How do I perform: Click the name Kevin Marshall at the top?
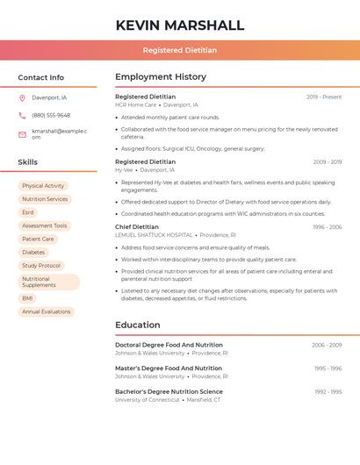pos(180,25)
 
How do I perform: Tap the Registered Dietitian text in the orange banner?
pos(180,50)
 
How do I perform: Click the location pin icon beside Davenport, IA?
pos(22,97)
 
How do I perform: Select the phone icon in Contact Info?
pos(22,115)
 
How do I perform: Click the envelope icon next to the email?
pos(22,134)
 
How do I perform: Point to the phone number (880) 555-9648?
pos(51,115)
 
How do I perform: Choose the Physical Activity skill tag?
pos(43,186)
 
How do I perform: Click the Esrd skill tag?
pos(28,212)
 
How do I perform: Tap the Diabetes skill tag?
pos(33,252)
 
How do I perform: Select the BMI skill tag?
pos(28,298)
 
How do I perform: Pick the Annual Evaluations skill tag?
pos(47,311)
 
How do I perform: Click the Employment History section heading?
pos(161,77)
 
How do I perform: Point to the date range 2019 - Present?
pos(324,97)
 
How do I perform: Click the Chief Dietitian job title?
pos(137,226)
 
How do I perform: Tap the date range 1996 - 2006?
pos(327,226)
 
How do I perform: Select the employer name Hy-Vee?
pos(124,169)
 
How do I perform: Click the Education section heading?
pos(138,325)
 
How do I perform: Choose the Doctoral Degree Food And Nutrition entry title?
pos(169,345)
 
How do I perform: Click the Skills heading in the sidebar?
pos(28,162)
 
